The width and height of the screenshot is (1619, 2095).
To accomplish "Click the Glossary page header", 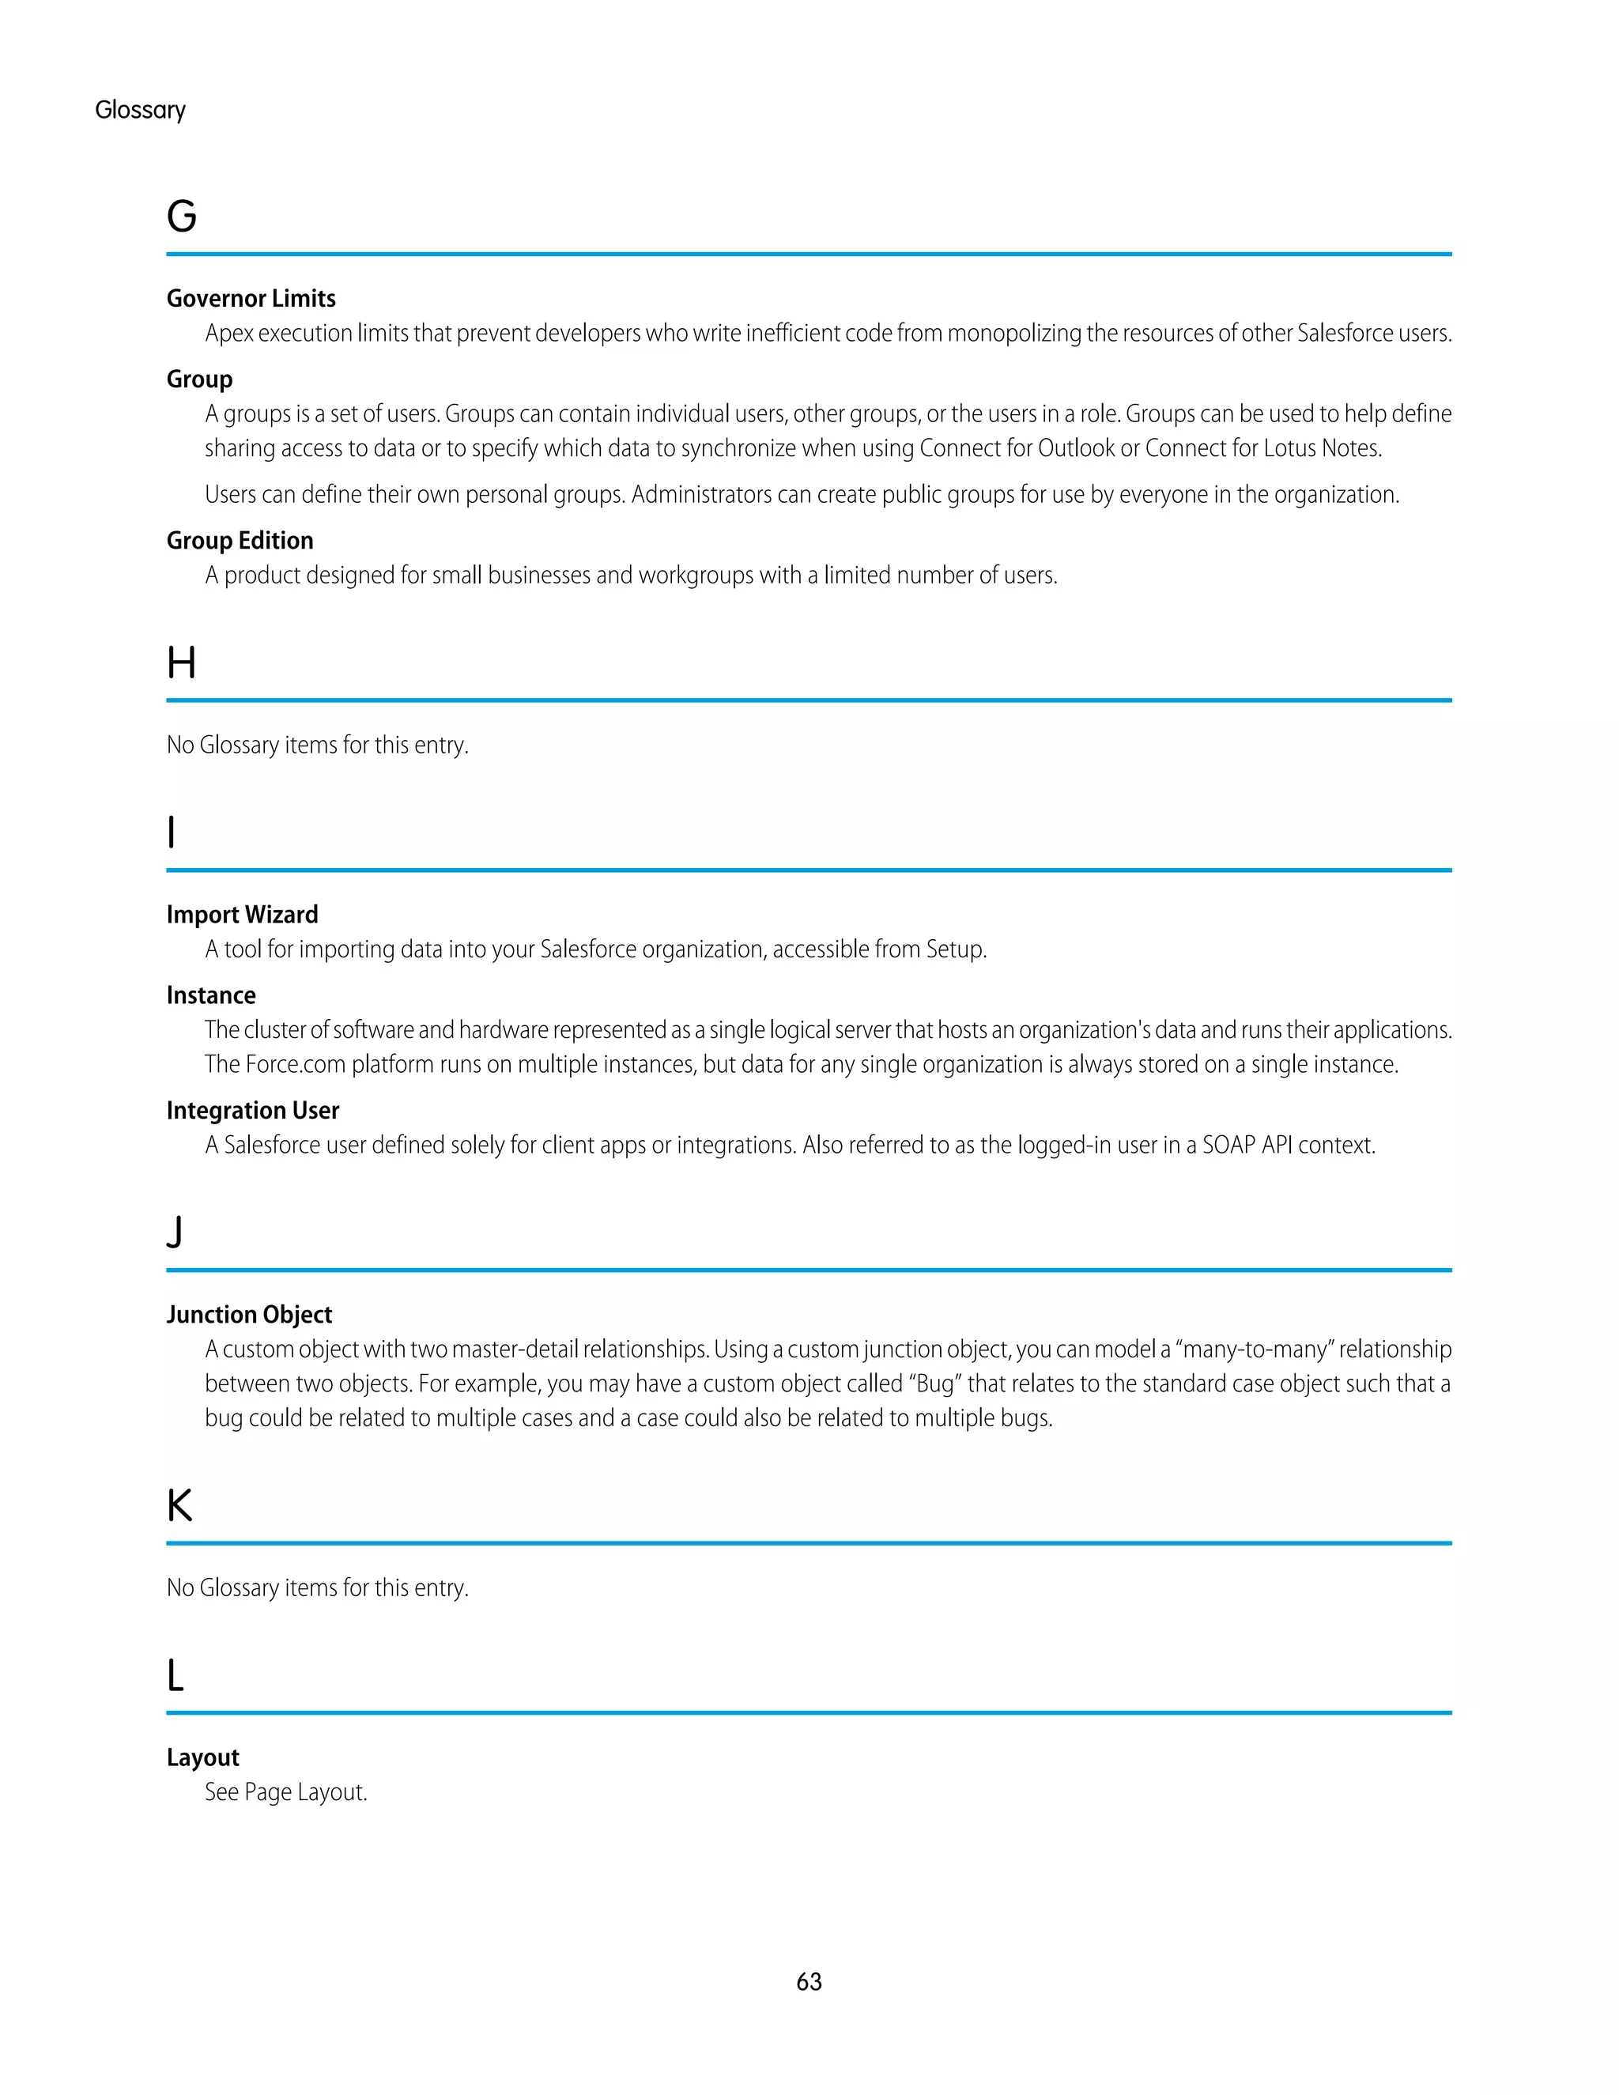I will [140, 111].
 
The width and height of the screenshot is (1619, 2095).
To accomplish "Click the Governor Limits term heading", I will [251, 298].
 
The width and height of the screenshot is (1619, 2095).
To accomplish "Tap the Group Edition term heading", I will [240, 540].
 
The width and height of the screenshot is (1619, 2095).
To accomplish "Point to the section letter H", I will [181, 662].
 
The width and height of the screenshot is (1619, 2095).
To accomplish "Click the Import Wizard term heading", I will [242, 914].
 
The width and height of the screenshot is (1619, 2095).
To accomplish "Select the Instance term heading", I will [211, 995].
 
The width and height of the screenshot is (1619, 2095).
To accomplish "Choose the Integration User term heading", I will [252, 1110].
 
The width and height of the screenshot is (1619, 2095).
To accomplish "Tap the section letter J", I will [175, 1232].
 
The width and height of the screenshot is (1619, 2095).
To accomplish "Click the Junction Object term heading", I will [249, 1314].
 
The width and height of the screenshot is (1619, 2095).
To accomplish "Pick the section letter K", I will [179, 1505].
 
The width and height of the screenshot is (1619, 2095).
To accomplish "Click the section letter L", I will [175, 1675].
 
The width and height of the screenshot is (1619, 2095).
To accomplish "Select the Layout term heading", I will [202, 1757].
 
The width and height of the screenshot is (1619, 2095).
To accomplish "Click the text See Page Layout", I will [286, 1792].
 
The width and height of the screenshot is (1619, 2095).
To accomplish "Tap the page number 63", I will [809, 1982].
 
